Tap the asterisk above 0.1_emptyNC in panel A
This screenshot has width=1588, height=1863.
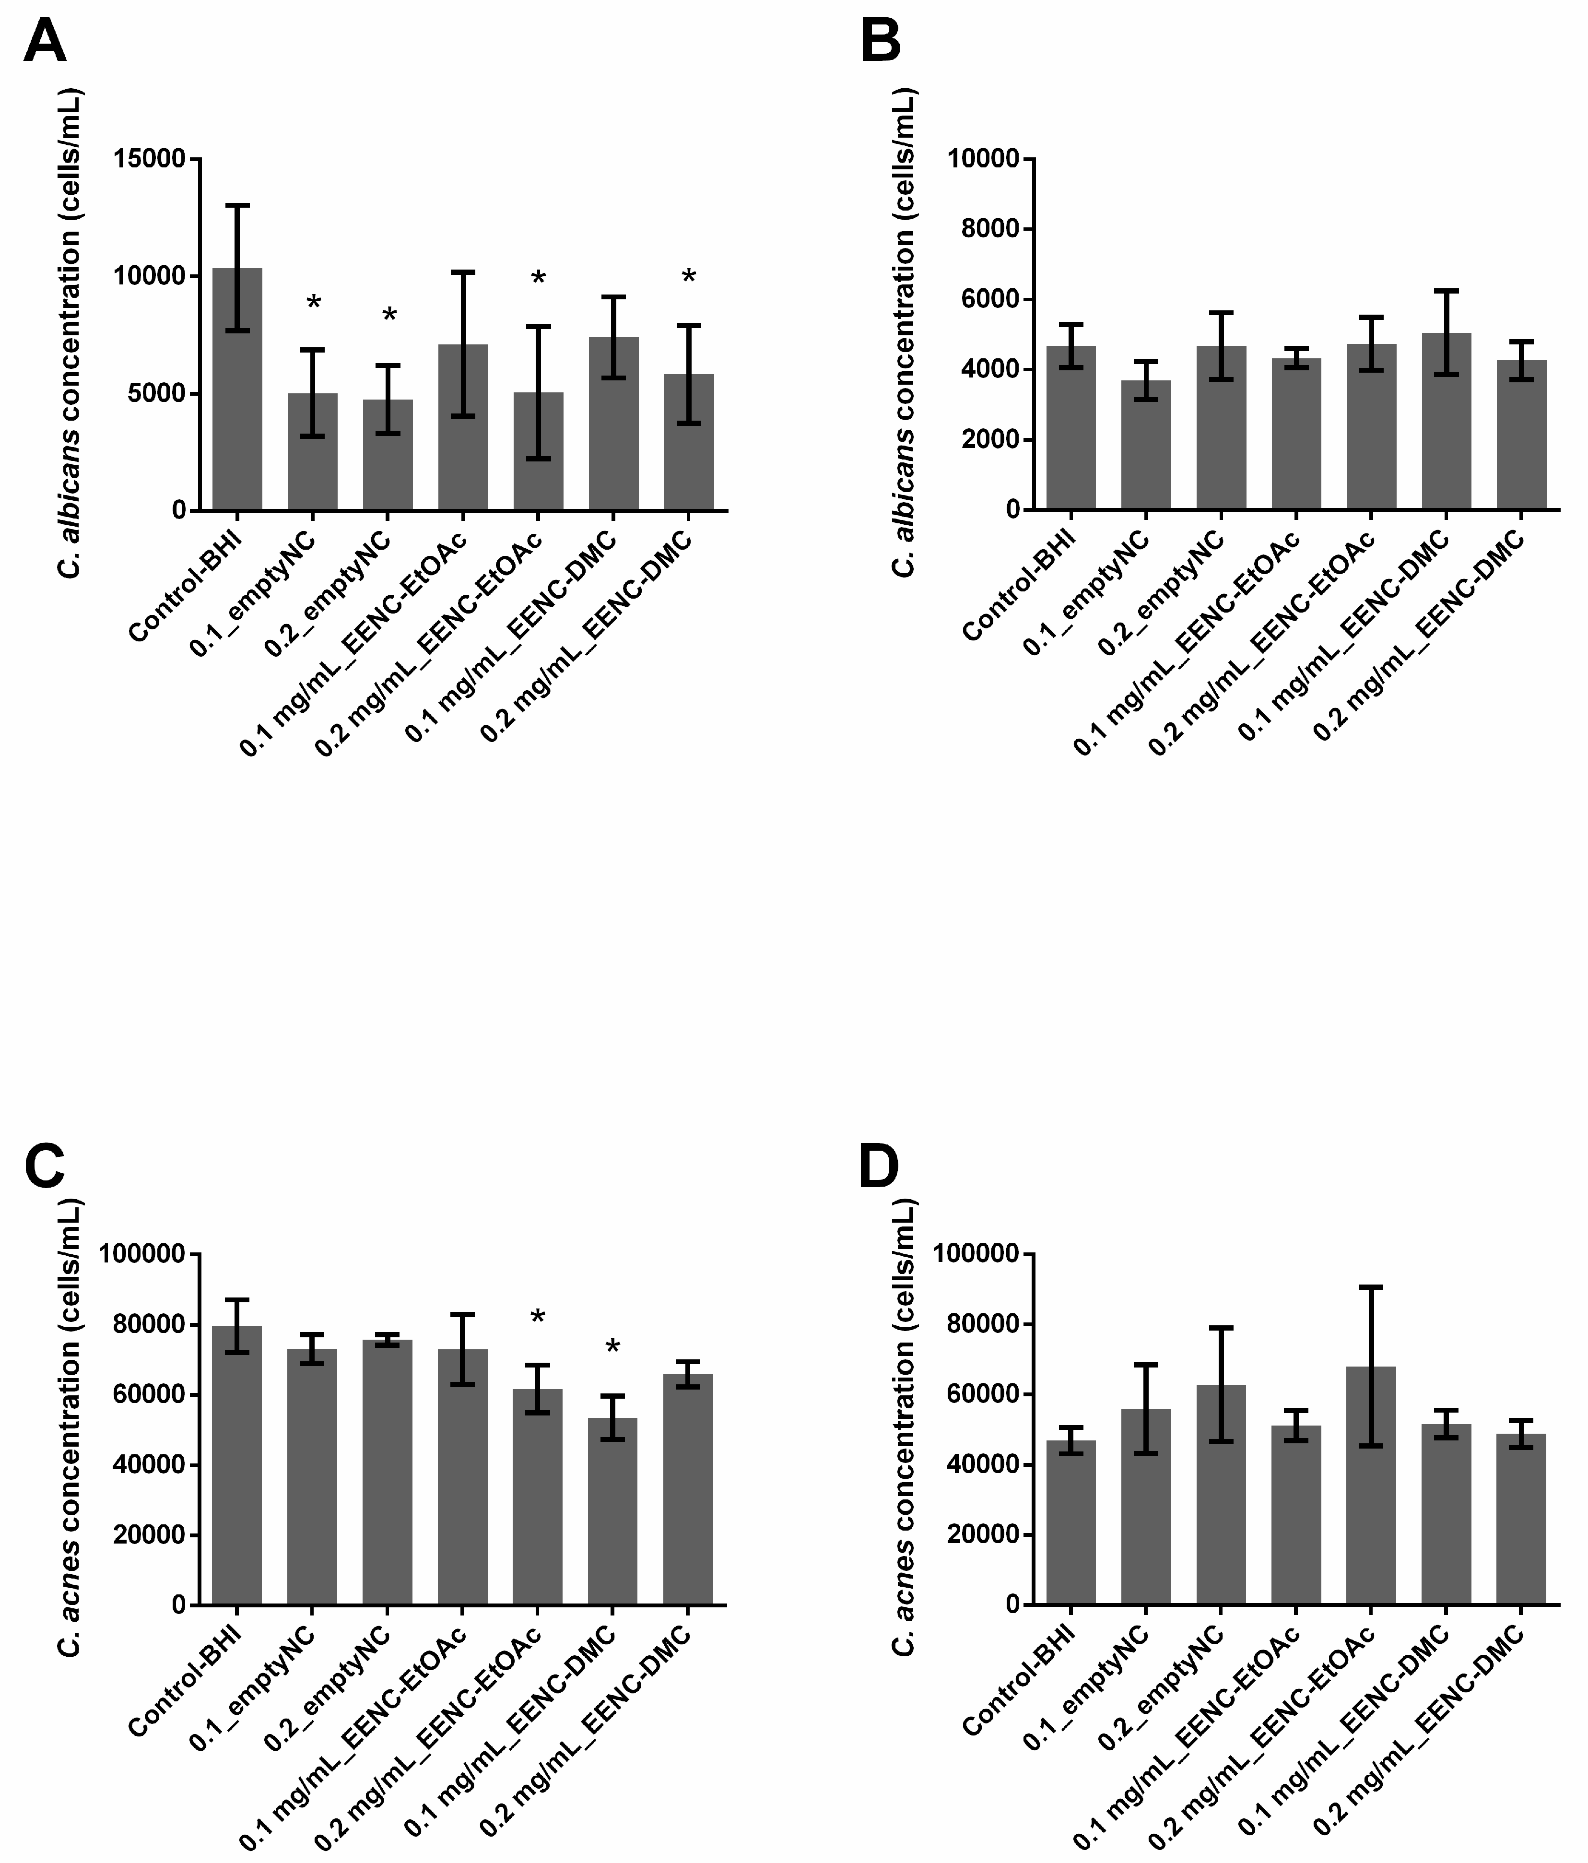[x=313, y=303]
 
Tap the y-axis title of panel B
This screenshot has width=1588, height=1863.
[x=904, y=333]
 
